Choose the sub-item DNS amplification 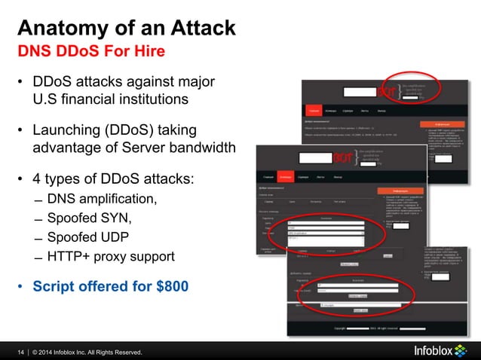click(103, 199)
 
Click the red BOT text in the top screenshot click(387, 92)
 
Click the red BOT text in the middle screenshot click(343, 159)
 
